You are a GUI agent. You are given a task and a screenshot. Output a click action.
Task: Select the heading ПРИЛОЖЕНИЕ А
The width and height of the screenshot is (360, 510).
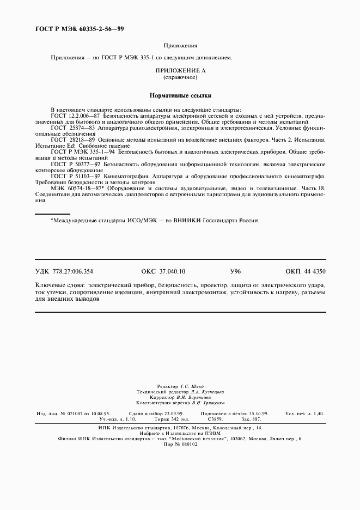(180, 71)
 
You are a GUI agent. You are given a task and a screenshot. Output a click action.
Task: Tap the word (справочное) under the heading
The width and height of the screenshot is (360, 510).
(180, 77)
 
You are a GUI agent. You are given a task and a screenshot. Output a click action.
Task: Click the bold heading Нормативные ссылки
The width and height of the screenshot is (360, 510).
(180, 95)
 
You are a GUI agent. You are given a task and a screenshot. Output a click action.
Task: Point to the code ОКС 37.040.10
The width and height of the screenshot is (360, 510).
(163, 271)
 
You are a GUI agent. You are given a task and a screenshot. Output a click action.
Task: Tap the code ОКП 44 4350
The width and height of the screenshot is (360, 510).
(305, 271)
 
